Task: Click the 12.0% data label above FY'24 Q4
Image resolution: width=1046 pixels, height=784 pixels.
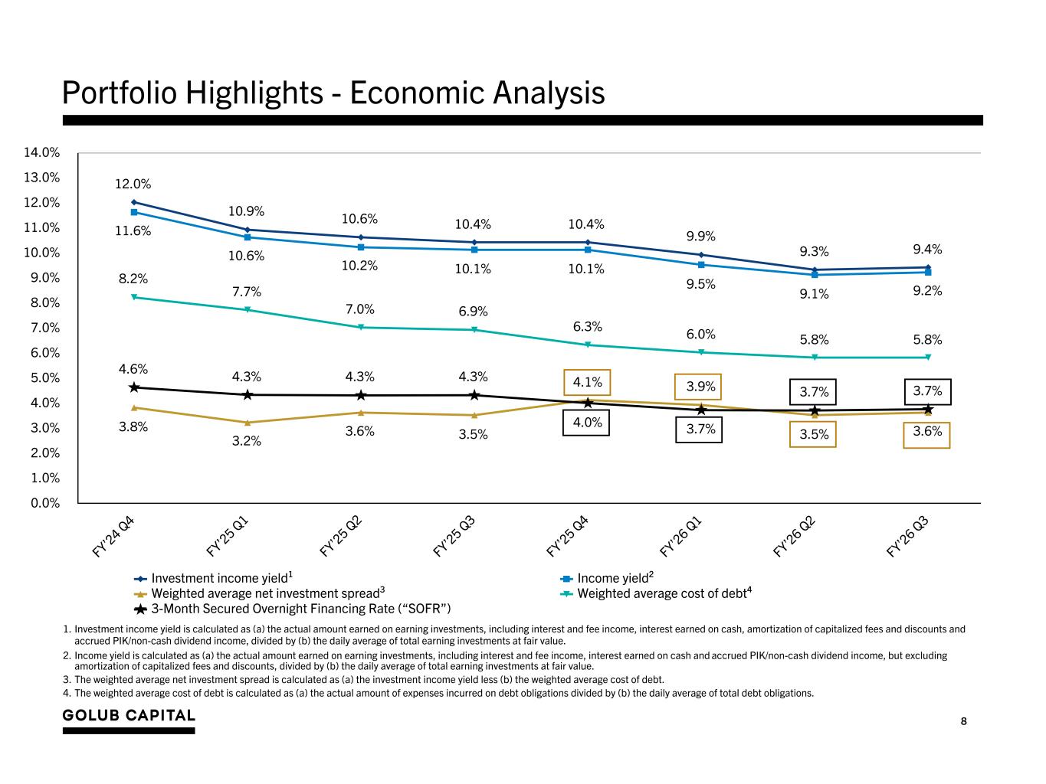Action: point(133,184)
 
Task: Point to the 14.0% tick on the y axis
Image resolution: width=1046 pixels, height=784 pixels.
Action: point(42,152)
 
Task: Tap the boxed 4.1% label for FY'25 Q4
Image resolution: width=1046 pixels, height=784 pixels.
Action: point(587,382)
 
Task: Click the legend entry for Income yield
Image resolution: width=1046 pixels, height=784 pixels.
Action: point(607,578)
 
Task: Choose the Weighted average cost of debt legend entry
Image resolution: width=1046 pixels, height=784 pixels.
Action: point(656,593)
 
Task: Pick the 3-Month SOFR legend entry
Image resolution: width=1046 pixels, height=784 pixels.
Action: point(292,609)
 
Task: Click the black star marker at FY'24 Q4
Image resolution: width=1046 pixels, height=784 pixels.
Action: point(134,387)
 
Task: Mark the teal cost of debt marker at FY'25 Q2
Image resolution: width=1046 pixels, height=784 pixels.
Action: point(361,327)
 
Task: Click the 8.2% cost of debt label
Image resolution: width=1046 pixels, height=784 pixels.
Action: point(133,279)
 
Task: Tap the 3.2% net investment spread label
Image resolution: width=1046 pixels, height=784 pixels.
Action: point(247,441)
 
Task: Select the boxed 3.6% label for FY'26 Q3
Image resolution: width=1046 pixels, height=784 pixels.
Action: point(926,435)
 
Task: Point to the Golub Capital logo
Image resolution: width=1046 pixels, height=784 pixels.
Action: point(129,720)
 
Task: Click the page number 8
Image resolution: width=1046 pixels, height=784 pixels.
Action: point(963,721)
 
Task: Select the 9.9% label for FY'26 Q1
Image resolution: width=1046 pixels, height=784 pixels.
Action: point(700,236)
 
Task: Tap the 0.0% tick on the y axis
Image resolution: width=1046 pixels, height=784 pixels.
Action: point(45,503)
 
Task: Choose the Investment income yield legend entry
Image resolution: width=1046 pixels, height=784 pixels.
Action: point(214,578)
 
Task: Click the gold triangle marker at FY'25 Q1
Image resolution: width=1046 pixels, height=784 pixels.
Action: point(248,422)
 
